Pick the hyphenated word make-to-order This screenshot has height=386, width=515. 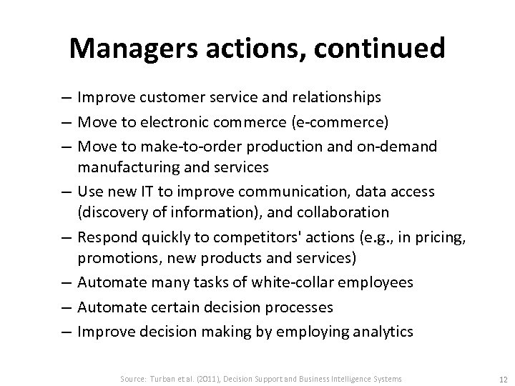(x=190, y=146)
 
